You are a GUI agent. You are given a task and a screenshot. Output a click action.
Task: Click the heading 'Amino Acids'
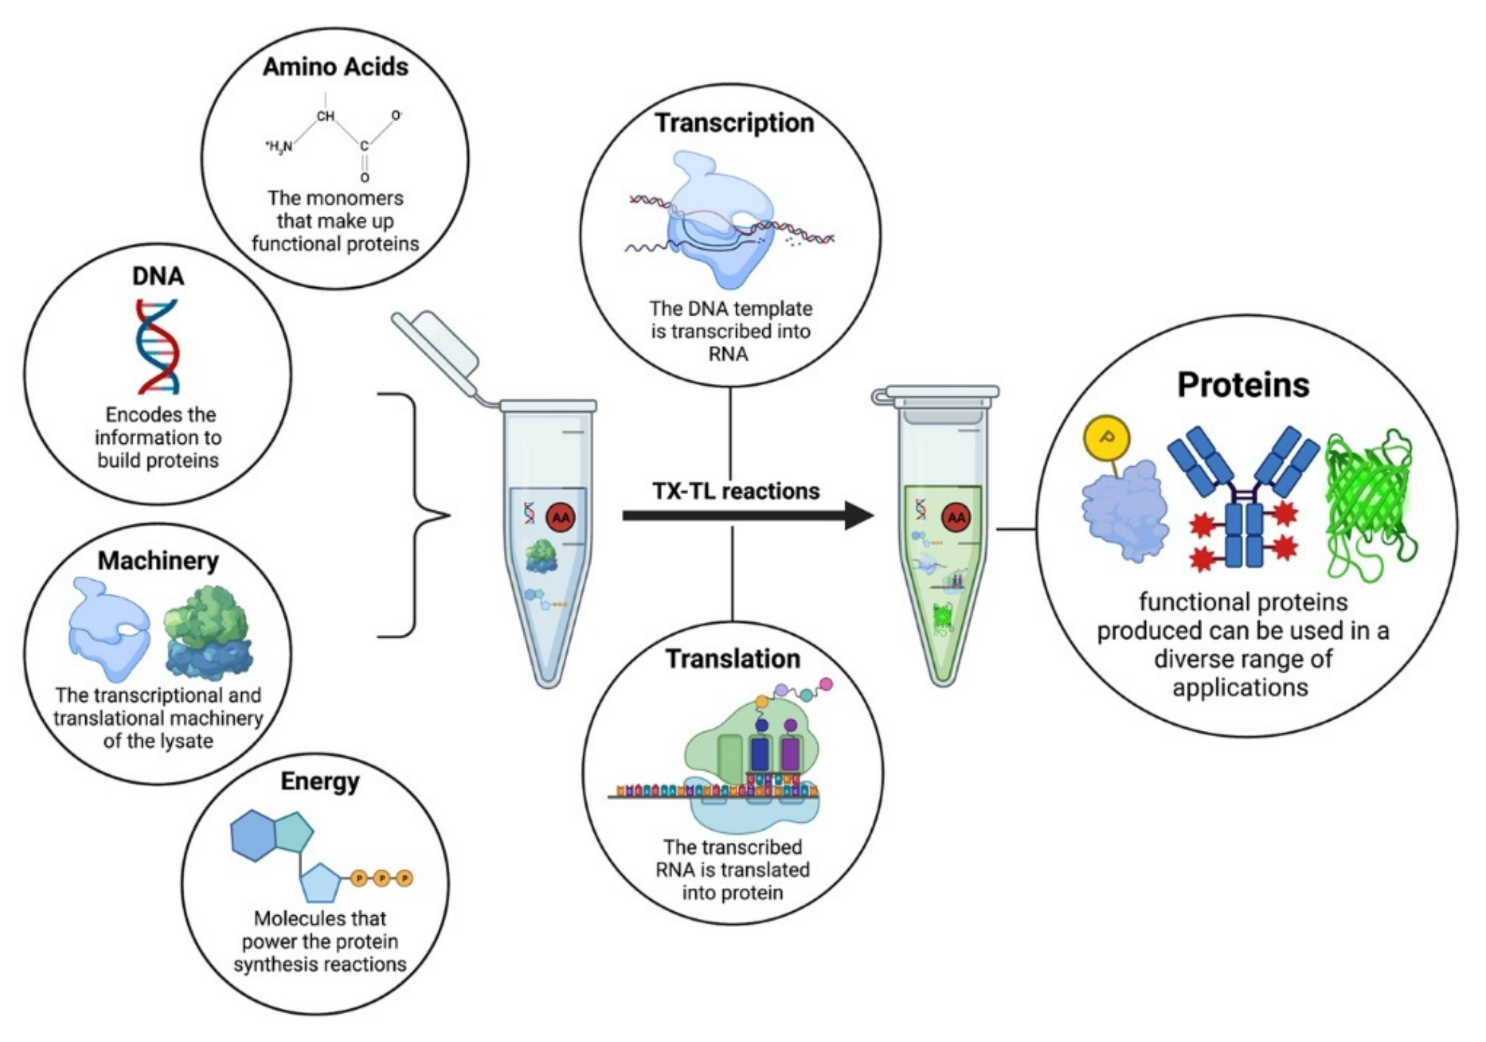(335, 67)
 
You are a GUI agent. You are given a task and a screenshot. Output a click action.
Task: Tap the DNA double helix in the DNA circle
(157, 346)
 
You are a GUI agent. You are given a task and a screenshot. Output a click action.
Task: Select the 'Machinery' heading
(158, 560)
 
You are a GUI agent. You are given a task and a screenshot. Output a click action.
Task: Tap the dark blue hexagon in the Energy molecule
(254, 835)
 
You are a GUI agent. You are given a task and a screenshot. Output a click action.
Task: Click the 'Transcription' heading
(734, 123)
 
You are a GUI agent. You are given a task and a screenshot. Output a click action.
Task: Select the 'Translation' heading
(733, 659)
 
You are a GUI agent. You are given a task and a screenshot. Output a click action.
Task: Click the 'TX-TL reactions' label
(735, 491)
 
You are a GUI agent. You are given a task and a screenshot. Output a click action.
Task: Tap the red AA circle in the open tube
(560, 517)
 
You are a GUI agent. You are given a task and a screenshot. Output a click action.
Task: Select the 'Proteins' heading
(1243, 385)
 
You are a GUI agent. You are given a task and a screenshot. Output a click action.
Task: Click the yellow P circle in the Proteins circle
(1106, 438)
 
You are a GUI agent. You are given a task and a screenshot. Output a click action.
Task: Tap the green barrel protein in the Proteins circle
(1368, 505)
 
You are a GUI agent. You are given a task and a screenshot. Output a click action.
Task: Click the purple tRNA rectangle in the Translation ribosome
(790, 754)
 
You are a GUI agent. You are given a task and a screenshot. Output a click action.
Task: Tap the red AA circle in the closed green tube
(956, 518)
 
